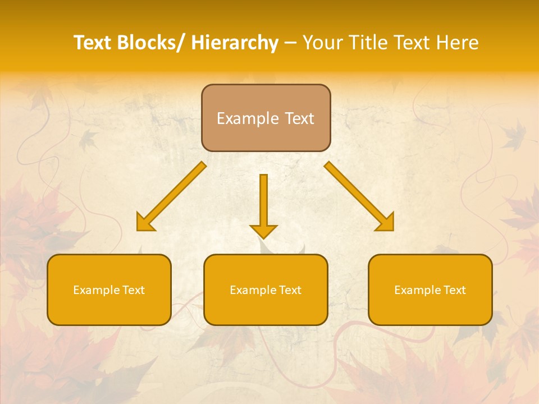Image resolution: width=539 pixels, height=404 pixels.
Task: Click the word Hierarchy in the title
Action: point(234,43)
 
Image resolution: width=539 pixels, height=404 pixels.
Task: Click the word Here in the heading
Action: point(457,43)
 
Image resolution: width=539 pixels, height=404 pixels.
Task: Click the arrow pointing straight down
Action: point(263,202)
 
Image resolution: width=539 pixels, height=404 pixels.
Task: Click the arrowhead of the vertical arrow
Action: point(263,231)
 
